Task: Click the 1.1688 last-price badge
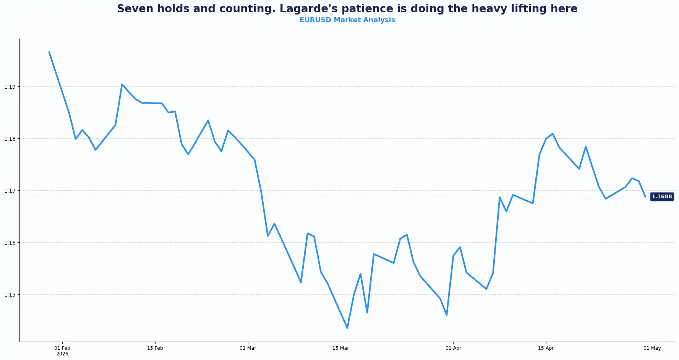point(661,197)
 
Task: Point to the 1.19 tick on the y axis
point(10,87)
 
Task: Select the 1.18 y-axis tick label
point(10,139)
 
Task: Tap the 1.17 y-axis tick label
point(10,191)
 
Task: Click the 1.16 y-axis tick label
point(10,243)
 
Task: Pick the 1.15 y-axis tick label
point(10,295)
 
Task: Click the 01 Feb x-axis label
point(62,348)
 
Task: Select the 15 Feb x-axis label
point(155,348)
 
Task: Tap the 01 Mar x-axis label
point(248,348)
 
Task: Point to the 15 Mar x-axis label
point(340,348)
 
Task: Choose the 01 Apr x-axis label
point(453,348)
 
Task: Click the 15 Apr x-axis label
point(546,348)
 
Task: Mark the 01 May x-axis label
point(652,348)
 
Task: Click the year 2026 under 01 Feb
point(62,354)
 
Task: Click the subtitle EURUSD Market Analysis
point(347,20)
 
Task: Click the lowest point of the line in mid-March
point(347,328)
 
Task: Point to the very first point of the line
point(49,52)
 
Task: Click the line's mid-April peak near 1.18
point(553,134)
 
